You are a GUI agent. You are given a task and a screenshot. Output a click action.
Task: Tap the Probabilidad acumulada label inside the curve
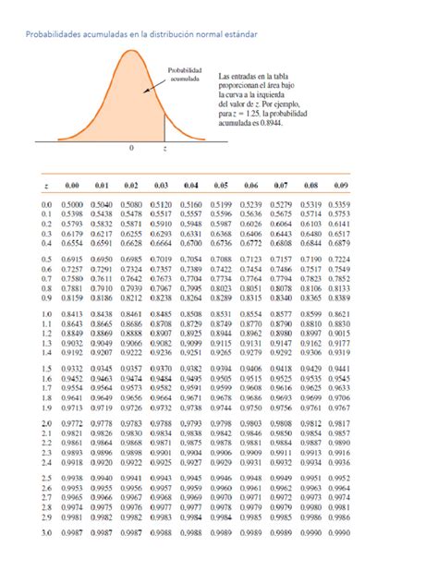[183, 74]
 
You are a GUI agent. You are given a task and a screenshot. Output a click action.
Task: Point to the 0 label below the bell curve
[131, 147]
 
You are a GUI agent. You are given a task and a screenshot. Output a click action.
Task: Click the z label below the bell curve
[164, 147]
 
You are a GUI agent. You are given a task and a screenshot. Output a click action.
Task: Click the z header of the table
[45, 185]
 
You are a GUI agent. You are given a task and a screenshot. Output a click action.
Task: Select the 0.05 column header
[220, 185]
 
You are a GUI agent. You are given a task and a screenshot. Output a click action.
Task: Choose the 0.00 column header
[72, 185]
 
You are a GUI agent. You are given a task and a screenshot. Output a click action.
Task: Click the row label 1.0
[45, 314]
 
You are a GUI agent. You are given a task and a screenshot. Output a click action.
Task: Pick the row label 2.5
[45, 478]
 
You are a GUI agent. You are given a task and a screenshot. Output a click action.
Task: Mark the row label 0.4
[45, 243]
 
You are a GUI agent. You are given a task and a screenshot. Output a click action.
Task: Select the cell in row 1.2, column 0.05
[220, 343]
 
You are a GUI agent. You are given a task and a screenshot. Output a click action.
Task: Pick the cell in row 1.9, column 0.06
[250, 408]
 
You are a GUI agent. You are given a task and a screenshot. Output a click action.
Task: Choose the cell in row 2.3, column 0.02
[131, 453]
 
